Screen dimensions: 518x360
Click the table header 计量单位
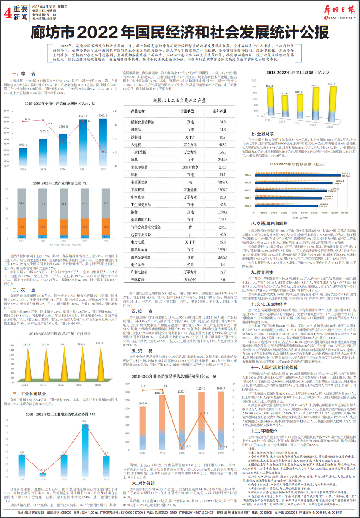pos(187,112)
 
